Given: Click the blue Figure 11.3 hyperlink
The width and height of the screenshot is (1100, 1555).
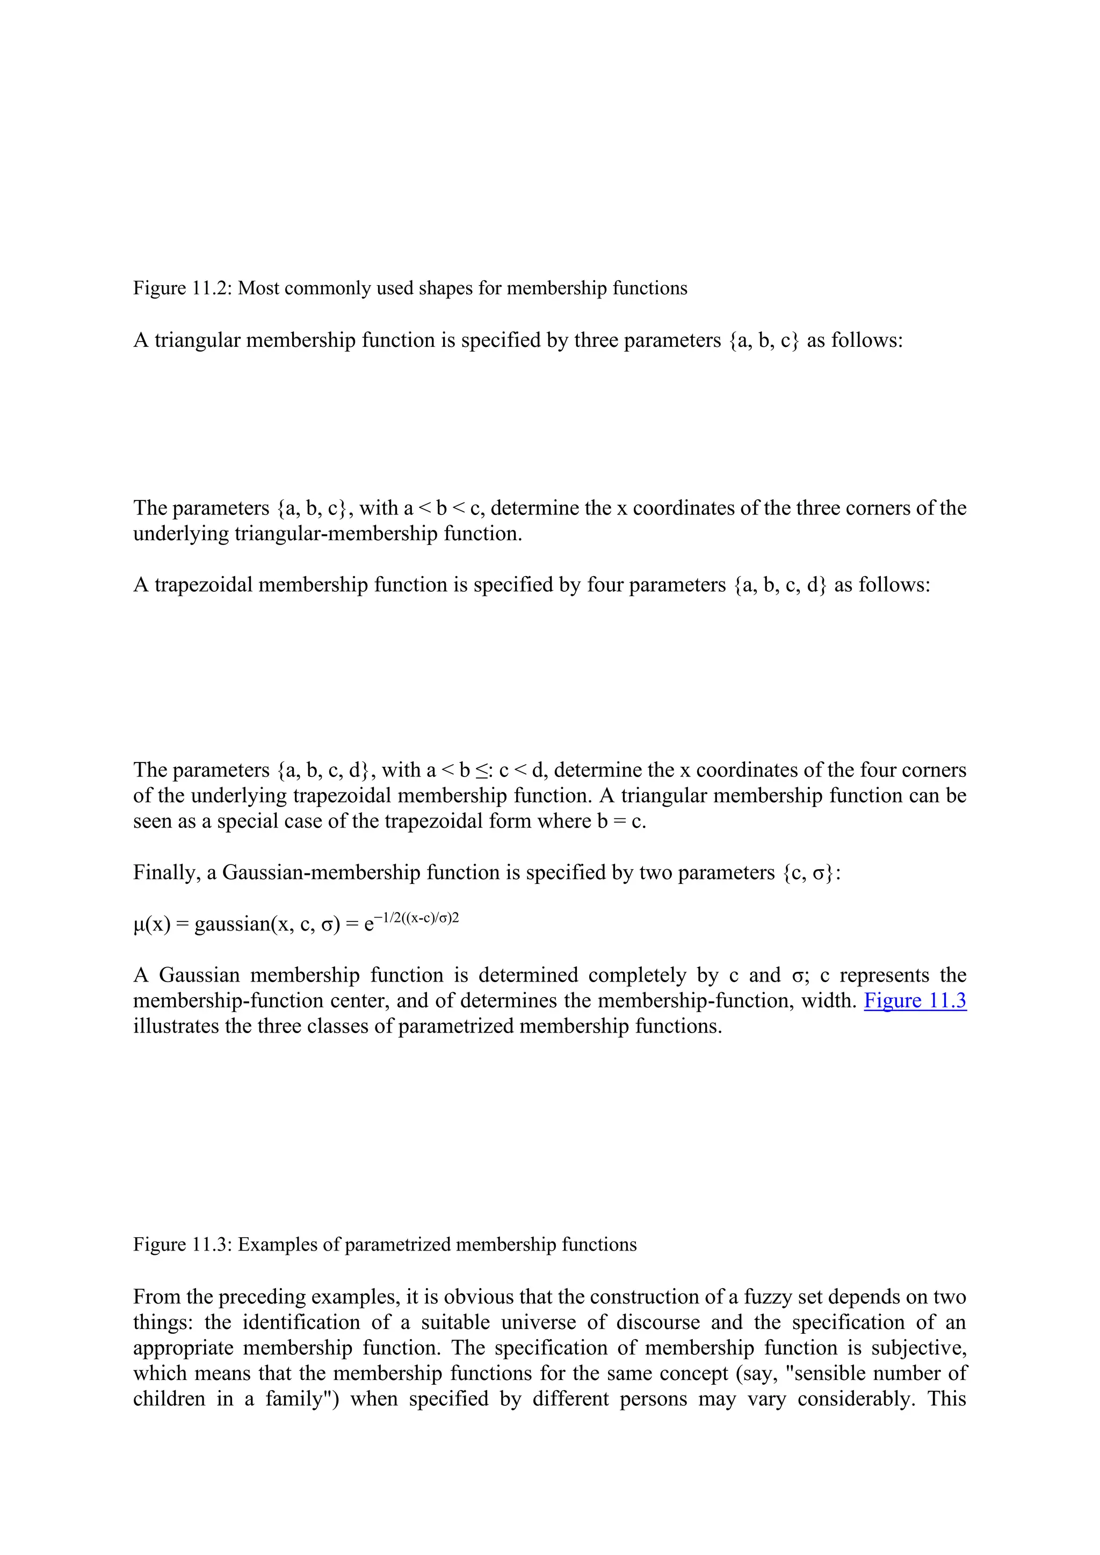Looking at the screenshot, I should [915, 1001].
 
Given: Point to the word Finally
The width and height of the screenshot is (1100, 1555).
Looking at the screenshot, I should [167, 873].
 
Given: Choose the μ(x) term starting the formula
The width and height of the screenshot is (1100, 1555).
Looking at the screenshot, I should [151, 925].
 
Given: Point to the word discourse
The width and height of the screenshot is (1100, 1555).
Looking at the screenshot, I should [658, 1323].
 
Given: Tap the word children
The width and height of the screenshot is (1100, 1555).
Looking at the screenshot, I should [169, 1399].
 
